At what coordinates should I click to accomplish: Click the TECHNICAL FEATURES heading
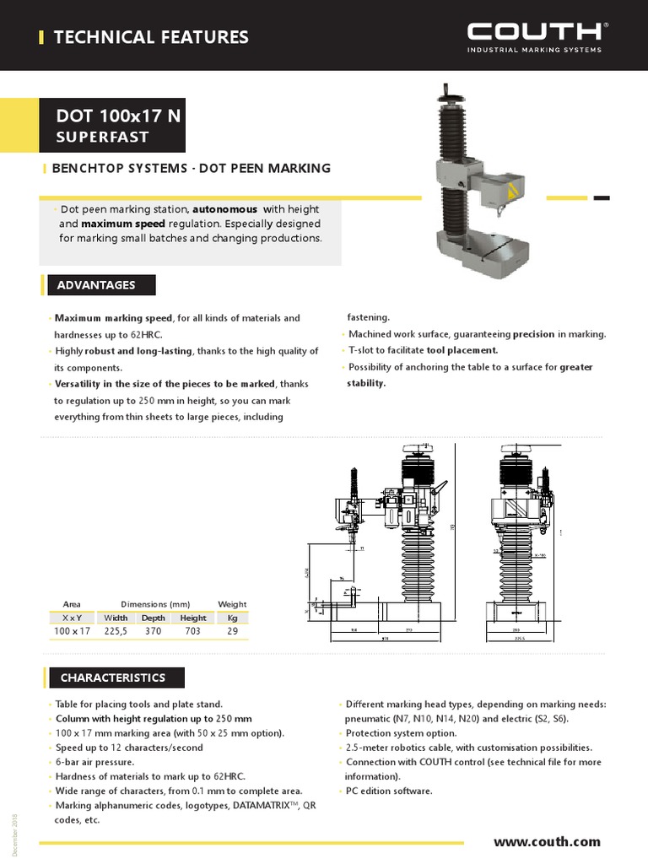click(x=151, y=37)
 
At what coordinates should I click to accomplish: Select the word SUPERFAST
click(x=102, y=137)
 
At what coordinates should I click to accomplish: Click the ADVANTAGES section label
click(x=96, y=285)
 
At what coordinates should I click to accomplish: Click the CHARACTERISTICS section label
click(x=113, y=678)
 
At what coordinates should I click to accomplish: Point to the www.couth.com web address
click(x=547, y=841)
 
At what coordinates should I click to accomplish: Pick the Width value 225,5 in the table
click(x=116, y=631)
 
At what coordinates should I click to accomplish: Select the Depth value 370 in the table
click(x=153, y=631)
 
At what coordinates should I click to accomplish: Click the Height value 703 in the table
click(x=192, y=631)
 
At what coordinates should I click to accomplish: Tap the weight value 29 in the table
click(x=232, y=631)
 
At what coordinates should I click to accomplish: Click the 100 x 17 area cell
click(x=72, y=631)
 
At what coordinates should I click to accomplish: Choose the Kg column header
click(x=232, y=618)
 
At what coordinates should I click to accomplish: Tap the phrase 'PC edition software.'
click(x=389, y=791)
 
